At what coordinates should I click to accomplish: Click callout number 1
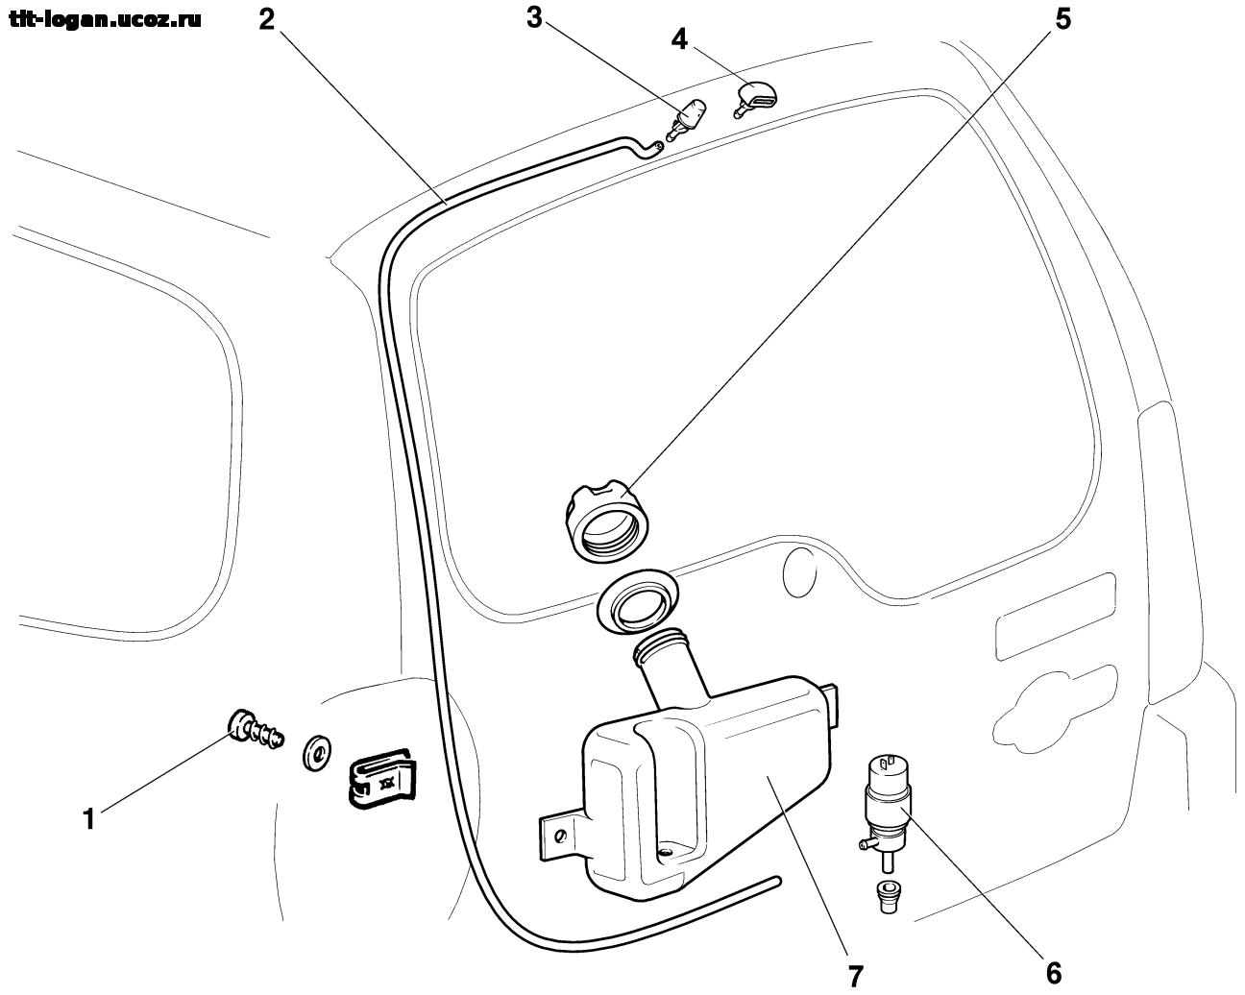[x=88, y=819]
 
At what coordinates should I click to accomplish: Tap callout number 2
[x=268, y=20]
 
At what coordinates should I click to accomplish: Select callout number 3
[x=535, y=18]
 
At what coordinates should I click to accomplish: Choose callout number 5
[x=1062, y=20]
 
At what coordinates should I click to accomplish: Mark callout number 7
[x=855, y=975]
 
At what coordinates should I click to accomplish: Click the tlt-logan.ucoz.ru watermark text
[x=106, y=20]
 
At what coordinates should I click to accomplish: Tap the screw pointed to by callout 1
[x=255, y=730]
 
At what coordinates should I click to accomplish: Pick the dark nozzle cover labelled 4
[x=755, y=97]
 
